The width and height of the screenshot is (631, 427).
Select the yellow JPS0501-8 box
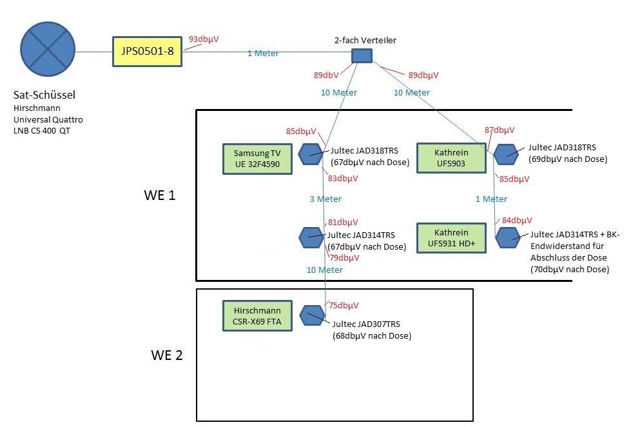click(x=147, y=52)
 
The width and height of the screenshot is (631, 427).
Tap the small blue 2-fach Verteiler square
click(x=362, y=56)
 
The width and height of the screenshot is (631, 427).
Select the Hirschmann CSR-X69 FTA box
click(x=257, y=315)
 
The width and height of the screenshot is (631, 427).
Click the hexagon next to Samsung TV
click(x=311, y=154)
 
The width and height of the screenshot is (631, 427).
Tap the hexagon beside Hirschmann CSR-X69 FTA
click(x=312, y=315)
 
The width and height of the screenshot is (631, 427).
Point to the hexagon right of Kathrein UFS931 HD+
click(x=507, y=237)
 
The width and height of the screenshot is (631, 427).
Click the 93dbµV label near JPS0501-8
click(x=204, y=39)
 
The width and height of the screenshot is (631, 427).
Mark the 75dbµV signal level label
click(x=344, y=306)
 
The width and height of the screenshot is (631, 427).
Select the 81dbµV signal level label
click(x=343, y=222)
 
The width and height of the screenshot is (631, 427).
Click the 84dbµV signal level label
click(x=517, y=221)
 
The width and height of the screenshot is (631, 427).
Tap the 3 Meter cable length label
click(x=325, y=199)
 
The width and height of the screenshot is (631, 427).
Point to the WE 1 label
click(x=160, y=195)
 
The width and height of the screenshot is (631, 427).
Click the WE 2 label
click(x=167, y=355)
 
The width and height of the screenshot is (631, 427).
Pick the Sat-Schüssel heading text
click(x=44, y=95)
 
